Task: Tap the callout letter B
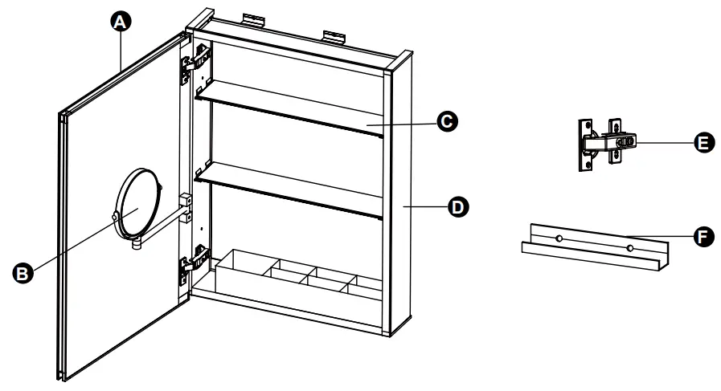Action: [23, 273]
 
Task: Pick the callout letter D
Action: [457, 206]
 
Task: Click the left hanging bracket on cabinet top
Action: [255, 19]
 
